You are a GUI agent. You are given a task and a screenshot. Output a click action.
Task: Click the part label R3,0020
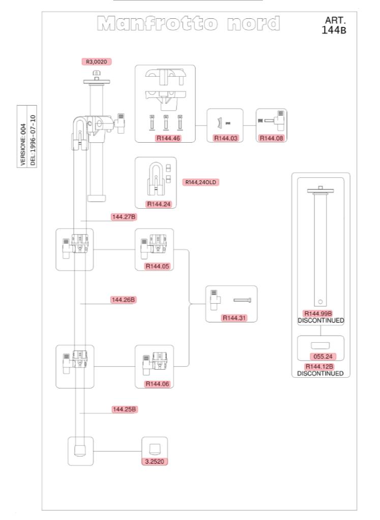click(96, 61)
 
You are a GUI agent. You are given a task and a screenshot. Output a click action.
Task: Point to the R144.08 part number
click(271, 138)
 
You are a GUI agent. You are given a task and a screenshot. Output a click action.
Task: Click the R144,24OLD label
click(200, 182)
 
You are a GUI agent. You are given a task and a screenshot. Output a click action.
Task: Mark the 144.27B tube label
click(124, 217)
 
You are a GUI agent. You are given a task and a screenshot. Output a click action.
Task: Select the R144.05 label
click(156, 266)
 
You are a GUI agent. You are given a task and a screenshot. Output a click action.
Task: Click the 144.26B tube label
click(124, 300)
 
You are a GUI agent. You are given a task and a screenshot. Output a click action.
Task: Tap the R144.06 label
click(156, 383)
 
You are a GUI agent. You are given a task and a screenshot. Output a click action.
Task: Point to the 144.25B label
click(125, 409)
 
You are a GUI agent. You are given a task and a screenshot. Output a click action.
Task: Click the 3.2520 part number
click(155, 462)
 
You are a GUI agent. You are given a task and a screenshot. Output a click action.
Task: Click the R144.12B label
click(320, 366)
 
